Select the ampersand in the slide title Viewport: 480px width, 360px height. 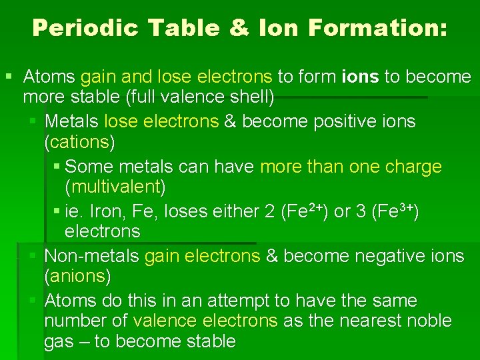pyautogui.click(x=253, y=28)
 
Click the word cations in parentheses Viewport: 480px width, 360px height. pyautogui.click(x=79, y=142)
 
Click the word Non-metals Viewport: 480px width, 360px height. pyautogui.click(x=91, y=256)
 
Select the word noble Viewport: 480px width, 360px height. pyautogui.click(x=427, y=321)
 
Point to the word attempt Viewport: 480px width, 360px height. pyautogui.click(x=239, y=301)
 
